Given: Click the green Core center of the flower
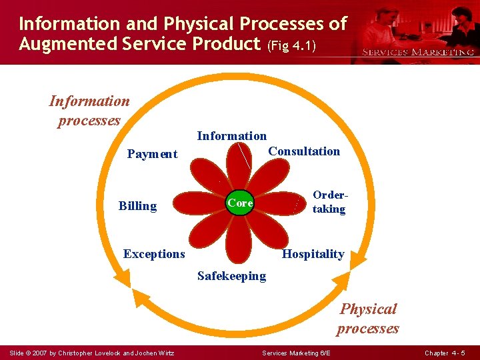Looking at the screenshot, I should tap(240, 203).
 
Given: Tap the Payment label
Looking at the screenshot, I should tap(152, 154).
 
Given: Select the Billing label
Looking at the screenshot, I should tap(137, 206).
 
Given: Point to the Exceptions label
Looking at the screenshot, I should tap(154, 254).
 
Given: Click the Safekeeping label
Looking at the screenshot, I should tap(231, 276).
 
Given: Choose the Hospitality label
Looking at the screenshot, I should tap(313, 254).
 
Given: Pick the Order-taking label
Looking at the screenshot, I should tap(329, 203).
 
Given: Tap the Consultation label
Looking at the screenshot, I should tap(303, 151).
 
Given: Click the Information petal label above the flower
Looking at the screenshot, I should tap(231, 136).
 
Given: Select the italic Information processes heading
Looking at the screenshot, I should tap(89, 111).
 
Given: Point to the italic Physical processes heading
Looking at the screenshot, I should tap(368, 318).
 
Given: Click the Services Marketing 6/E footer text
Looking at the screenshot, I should tap(297, 353).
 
